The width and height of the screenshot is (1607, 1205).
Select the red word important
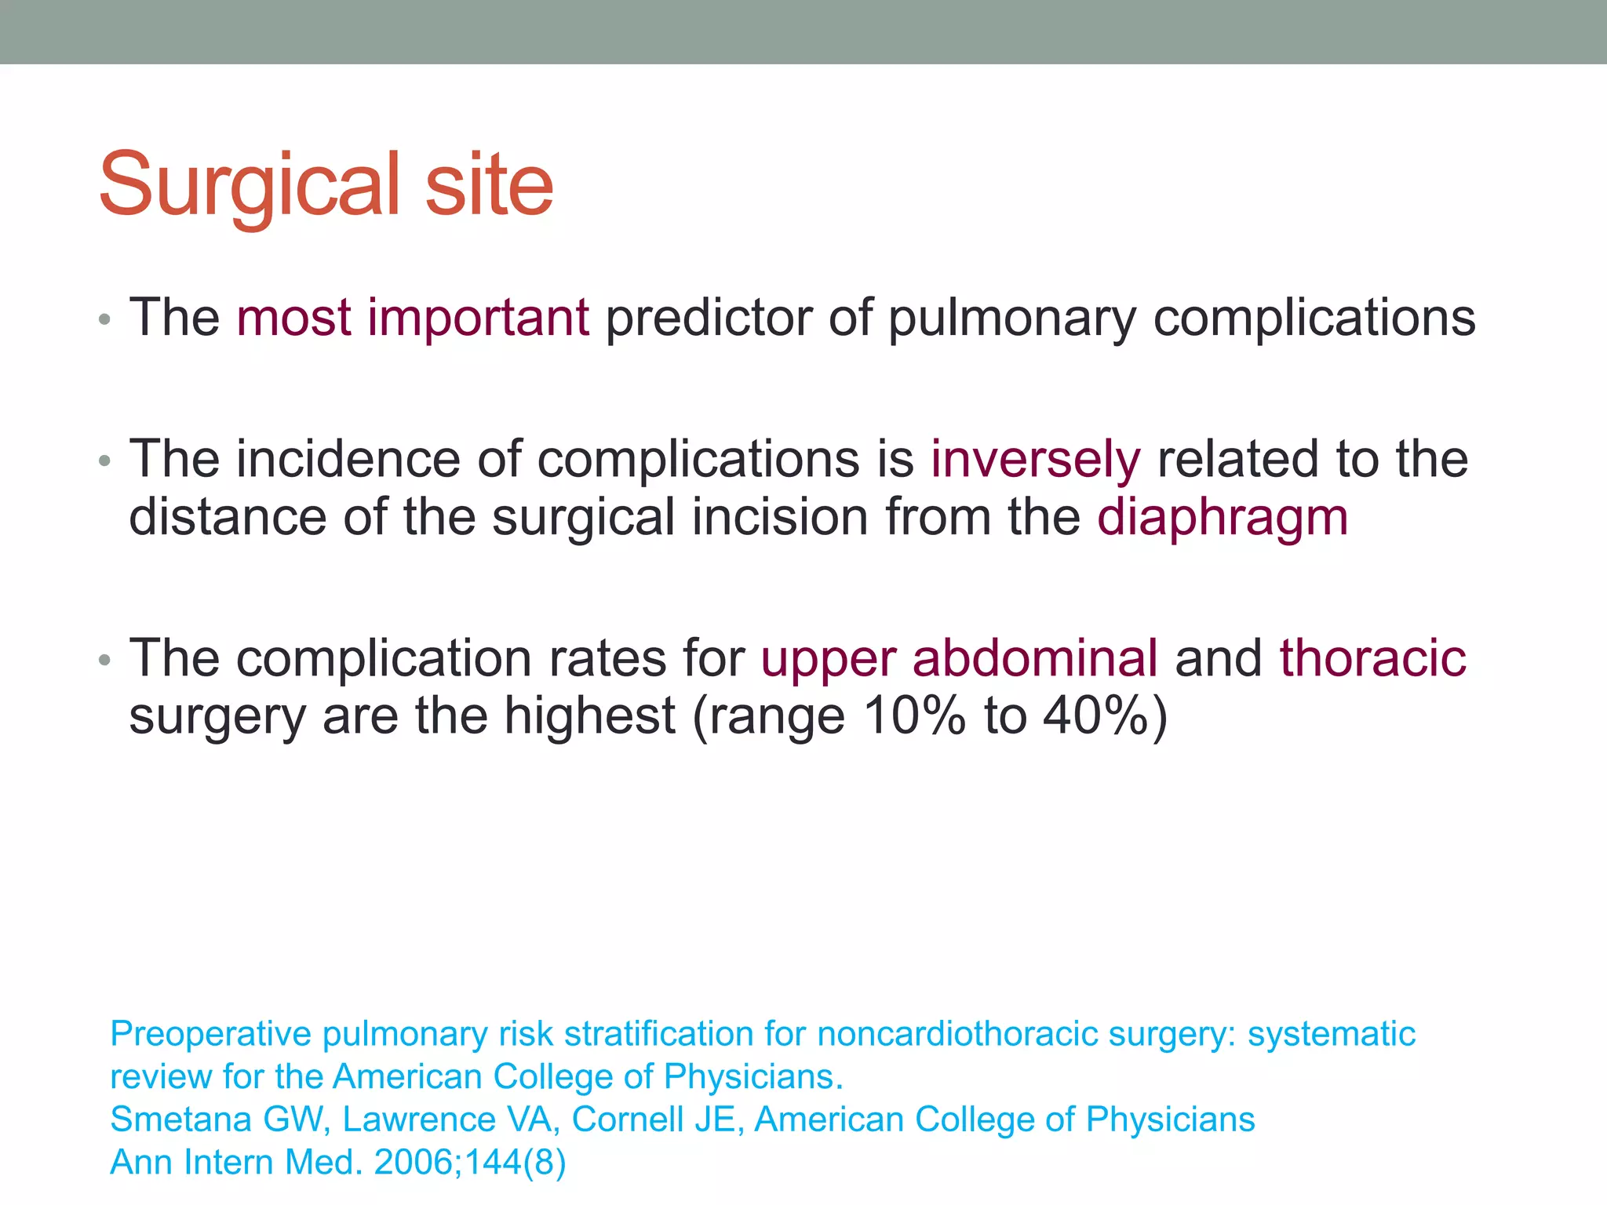pos(478,318)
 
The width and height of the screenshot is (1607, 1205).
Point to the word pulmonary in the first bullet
pos(1012,319)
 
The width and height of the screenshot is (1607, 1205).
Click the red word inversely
pos(1035,460)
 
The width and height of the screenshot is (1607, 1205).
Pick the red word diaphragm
pos(1223,519)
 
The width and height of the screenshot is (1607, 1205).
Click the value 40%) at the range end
pos(1106,716)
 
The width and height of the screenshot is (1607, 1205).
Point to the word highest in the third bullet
pos(589,716)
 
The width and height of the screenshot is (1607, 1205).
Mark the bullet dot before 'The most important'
pos(105,320)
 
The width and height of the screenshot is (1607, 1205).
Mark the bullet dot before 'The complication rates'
pos(105,661)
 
